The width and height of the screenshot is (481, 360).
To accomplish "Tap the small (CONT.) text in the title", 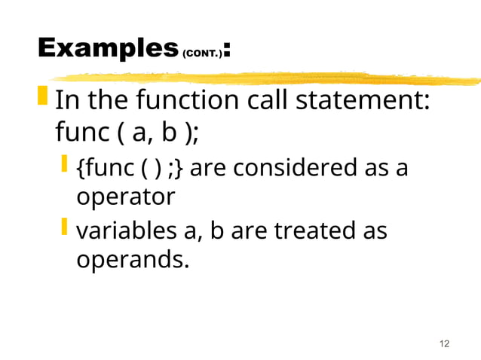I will tap(202, 54).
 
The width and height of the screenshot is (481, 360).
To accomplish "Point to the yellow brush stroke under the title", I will tap(264, 77).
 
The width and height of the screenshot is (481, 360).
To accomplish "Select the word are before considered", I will tap(210, 167).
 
